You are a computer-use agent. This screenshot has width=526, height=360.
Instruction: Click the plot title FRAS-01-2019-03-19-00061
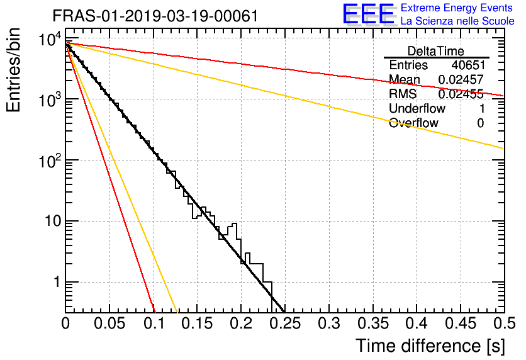(155, 16)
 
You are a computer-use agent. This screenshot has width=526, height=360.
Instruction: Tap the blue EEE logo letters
(368, 14)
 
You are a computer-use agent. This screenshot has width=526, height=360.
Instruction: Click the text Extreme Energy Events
(457, 8)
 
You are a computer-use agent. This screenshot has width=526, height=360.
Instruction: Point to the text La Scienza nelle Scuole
(457, 21)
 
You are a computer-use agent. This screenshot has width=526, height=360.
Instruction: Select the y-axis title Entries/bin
(13, 70)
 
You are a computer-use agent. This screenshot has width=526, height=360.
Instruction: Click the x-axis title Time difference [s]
(430, 346)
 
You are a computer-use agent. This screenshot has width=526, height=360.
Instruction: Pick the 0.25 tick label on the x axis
(285, 323)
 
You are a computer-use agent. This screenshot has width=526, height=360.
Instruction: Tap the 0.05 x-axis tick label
(109, 323)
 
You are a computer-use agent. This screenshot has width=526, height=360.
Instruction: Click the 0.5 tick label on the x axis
(504, 323)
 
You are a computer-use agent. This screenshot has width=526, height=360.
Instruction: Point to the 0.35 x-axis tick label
(373, 323)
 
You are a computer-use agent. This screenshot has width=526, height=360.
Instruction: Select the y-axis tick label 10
(53, 221)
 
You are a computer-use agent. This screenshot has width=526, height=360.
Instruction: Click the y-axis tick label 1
(57, 282)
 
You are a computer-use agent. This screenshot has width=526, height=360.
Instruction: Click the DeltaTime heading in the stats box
(436, 51)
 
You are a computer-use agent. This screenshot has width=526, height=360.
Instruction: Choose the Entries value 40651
(468, 65)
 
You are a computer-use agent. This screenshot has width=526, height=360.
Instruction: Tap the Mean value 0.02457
(461, 79)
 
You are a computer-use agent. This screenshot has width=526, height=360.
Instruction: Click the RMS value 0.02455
(461, 94)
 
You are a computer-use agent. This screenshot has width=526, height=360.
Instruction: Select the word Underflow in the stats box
(417, 108)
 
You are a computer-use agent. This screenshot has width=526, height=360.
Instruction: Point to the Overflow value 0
(481, 123)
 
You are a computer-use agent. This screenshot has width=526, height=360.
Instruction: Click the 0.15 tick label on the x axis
(198, 323)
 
